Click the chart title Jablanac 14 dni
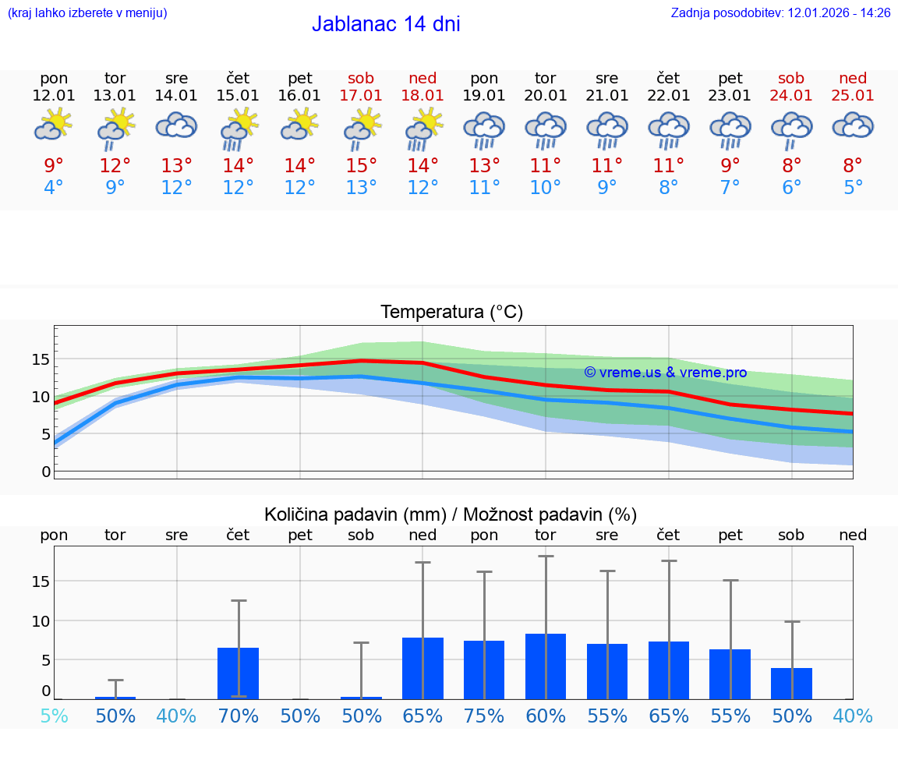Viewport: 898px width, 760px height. [x=386, y=24]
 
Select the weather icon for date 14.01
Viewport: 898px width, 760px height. [x=176, y=125]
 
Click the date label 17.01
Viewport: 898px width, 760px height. [x=361, y=96]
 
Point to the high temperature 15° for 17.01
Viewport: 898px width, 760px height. [x=361, y=166]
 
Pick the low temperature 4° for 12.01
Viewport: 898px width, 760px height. [x=54, y=188]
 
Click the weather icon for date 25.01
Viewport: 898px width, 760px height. [x=853, y=125]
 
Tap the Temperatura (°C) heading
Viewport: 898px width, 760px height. [x=451, y=313]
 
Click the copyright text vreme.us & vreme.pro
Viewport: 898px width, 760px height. [x=665, y=373]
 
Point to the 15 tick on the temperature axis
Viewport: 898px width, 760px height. [x=41, y=359]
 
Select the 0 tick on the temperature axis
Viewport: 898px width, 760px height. [x=46, y=472]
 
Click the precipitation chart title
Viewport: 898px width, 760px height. [x=451, y=514]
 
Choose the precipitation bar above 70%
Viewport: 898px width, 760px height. [x=238, y=673]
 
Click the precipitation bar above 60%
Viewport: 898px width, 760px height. [x=546, y=666]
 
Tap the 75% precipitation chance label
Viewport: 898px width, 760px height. [x=484, y=716]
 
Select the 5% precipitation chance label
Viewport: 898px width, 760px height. [x=54, y=716]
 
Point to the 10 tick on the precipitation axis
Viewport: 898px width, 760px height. [x=41, y=621]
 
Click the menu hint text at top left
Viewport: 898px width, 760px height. [x=87, y=13]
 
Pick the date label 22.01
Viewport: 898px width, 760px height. [x=668, y=96]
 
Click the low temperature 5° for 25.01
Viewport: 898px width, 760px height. [x=853, y=188]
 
